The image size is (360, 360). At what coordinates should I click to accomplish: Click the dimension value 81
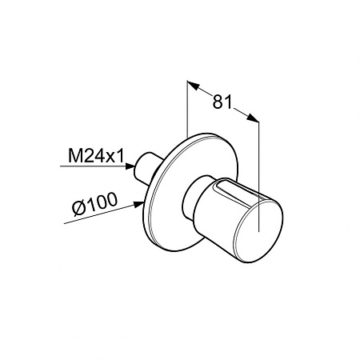pyautogui.click(x=222, y=102)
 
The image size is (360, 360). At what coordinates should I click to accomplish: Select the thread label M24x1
pyautogui.click(x=96, y=156)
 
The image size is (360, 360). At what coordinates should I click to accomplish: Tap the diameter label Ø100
pyautogui.click(x=94, y=204)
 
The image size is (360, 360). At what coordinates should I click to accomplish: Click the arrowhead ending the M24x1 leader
pyautogui.click(x=130, y=166)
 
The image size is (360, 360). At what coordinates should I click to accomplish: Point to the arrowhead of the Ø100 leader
pyautogui.click(x=138, y=205)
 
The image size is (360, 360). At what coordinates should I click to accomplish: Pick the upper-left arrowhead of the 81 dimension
pyautogui.click(x=194, y=85)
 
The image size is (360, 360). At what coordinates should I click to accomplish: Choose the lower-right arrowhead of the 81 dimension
pyautogui.click(x=252, y=118)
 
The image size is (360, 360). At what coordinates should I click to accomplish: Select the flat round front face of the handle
pyautogui.click(x=258, y=231)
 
